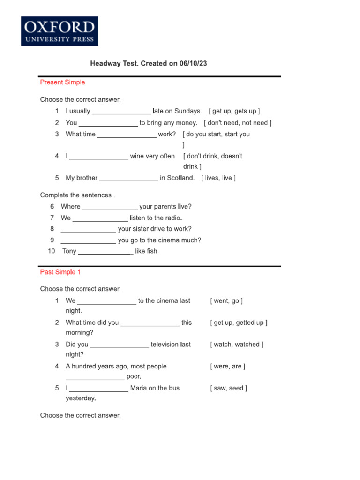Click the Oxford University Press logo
click(60, 31)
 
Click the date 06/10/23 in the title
click(193, 63)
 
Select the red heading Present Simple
click(62, 82)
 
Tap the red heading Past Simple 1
click(60, 272)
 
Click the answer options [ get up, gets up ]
click(234, 111)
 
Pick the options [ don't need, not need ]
click(238, 123)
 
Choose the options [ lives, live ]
click(218, 178)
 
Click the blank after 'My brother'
click(129, 179)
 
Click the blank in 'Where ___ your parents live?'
click(110, 207)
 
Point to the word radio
click(171, 218)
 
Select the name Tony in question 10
click(69, 251)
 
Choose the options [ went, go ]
click(226, 301)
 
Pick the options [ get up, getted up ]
click(239, 322)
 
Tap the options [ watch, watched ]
click(237, 345)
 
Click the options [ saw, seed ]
click(229, 388)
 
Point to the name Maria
click(140, 388)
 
